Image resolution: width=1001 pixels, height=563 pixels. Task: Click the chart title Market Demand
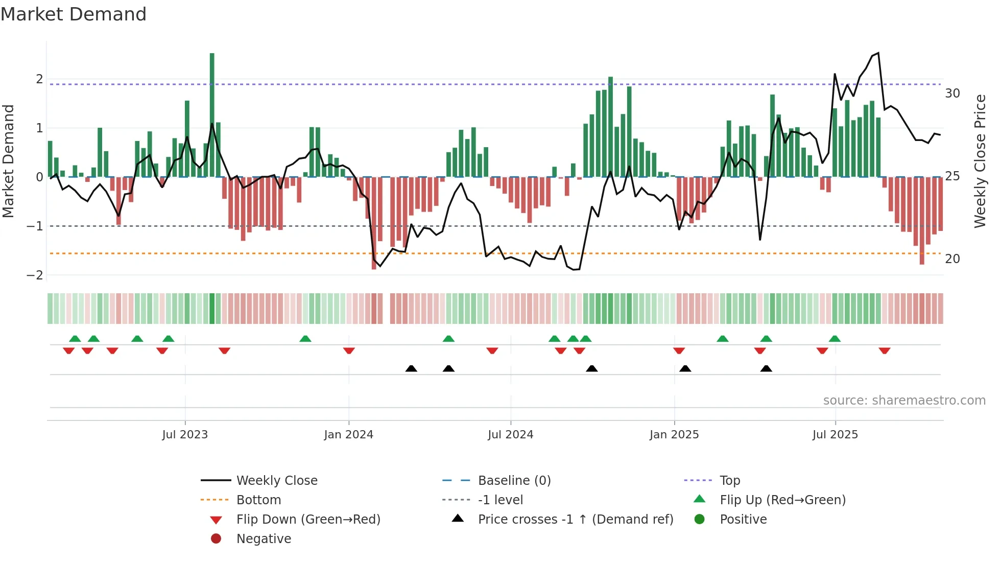point(74,14)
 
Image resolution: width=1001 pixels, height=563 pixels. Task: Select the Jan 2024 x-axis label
point(348,435)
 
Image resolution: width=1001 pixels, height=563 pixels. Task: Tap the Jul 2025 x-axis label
point(835,435)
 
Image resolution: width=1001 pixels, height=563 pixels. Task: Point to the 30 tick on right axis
point(952,93)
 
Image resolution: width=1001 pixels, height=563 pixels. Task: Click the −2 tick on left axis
point(35,275)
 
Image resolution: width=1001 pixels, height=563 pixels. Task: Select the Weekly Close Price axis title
point(980,161)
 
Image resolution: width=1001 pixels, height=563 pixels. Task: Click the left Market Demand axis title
point(9,161)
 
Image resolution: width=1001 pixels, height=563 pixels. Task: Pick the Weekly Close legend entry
point(276,481)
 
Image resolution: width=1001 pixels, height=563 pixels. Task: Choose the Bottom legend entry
point(258,500)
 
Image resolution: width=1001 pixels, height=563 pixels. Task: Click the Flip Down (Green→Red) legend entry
point(308,520)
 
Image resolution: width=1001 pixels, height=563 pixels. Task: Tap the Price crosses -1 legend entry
point(575,520)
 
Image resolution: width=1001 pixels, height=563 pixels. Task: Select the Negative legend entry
point(264,539)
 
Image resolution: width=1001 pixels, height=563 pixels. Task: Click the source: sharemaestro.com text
point(904,401)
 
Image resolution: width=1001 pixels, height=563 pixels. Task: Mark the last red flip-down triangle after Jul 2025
point(885,350)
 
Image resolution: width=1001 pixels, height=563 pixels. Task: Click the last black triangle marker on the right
point(766,368)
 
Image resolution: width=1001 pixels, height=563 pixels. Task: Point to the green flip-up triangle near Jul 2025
point(835,339)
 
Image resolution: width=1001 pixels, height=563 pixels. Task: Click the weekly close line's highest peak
point(878,53)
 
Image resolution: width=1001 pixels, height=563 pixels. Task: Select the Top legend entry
point(729,481)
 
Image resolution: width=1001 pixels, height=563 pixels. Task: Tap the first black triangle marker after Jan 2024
point(411,368)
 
